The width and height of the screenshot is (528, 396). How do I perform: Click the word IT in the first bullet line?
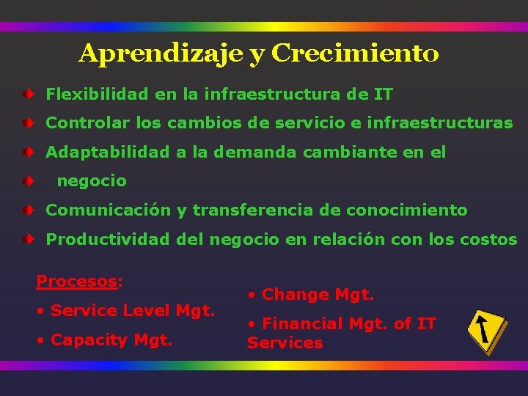click(x=384, y=95)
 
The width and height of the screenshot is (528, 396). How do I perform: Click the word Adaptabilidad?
click(x=107, y=153)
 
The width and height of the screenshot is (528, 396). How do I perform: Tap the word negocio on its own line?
click(x=92, y=180)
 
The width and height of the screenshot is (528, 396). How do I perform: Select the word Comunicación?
click(x=108, y=210)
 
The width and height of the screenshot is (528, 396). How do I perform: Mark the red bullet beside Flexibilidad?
click(x=26, y=95)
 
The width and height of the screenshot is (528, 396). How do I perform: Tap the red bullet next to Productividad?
click(x=26, y=240)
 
